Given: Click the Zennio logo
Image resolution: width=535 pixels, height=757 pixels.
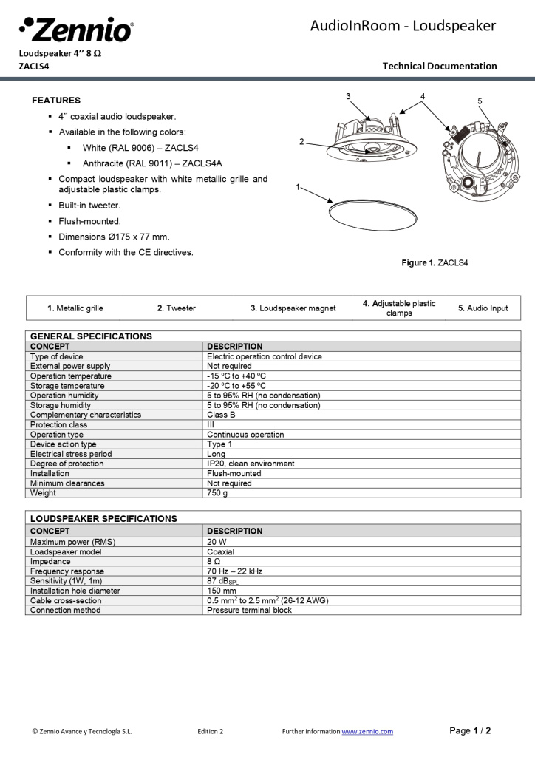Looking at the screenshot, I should pyautogui.click(x=76, y=30).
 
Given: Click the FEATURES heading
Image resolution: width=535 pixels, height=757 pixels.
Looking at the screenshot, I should pyautogui.click(x=56, y=101).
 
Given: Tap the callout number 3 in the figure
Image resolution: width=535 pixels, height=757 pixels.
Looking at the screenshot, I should pyautogui.click(x=347, y=97).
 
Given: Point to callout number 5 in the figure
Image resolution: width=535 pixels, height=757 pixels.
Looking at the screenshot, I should pyautogui.click(x=480, y=101).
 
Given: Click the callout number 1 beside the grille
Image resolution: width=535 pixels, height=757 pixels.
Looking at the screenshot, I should pyautogui.click(x=298, y=187).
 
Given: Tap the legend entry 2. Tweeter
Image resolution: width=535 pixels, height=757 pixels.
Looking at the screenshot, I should pyautogui.click(x=177, y=308).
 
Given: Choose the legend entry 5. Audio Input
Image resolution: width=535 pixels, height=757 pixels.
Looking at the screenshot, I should pyautogui.click(x=483, y=308).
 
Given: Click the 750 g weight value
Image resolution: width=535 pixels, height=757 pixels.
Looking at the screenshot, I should pyautogui.click(x=217, y=493).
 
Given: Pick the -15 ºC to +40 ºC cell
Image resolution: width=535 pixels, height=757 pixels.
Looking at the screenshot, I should pyautogui.click(x=236, y=376).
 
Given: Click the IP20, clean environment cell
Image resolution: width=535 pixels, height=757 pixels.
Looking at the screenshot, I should pyautogui.click(x=251, y=464).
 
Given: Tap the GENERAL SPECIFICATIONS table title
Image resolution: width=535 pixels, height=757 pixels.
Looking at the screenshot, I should pyautogui.click(x=91, y=336).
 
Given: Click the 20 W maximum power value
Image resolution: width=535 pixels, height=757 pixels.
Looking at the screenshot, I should pyautogui.click(x=217, y=542).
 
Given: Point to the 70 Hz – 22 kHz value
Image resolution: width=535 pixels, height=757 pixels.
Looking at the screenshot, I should pyautogui.click(x=234, y=571).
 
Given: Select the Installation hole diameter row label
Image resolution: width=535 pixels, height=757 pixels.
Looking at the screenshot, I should pyautogui.click(x=75, y=591).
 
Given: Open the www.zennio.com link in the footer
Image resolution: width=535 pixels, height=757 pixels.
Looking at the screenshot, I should pyautogui.click(x=367, y=732).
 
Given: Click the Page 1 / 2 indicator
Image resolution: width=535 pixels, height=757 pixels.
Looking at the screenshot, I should pyautogui.click(x=470, y=731).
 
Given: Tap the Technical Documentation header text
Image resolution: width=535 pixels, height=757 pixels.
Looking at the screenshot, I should pyautogui.click(x=440, y=66).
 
